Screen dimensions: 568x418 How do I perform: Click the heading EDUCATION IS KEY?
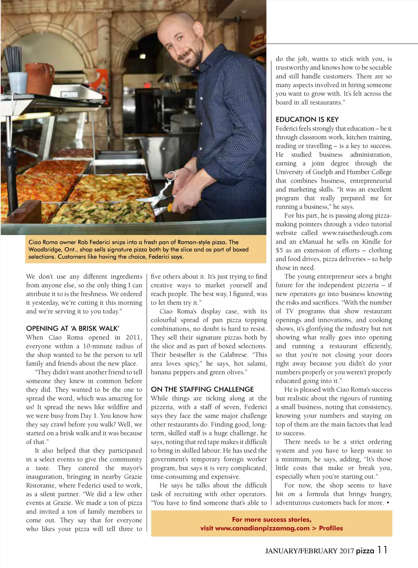click(307, 120)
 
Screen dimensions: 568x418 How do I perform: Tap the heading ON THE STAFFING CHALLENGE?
click(202, 389)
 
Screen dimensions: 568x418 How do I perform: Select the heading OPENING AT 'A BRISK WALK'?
click(73, 328)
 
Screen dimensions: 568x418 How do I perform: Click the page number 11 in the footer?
click(382, 550)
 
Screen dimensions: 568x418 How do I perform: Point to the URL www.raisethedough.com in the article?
click(357, 233)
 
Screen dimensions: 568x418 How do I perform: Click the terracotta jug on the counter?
click(40, 78)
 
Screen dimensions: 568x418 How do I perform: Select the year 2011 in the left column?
click(133, 337)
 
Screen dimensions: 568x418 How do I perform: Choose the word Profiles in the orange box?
click(331, 528)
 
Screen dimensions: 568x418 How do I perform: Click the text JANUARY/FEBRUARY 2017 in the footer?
click(309, 551)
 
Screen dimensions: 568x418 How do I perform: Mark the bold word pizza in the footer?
click(365, 551)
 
